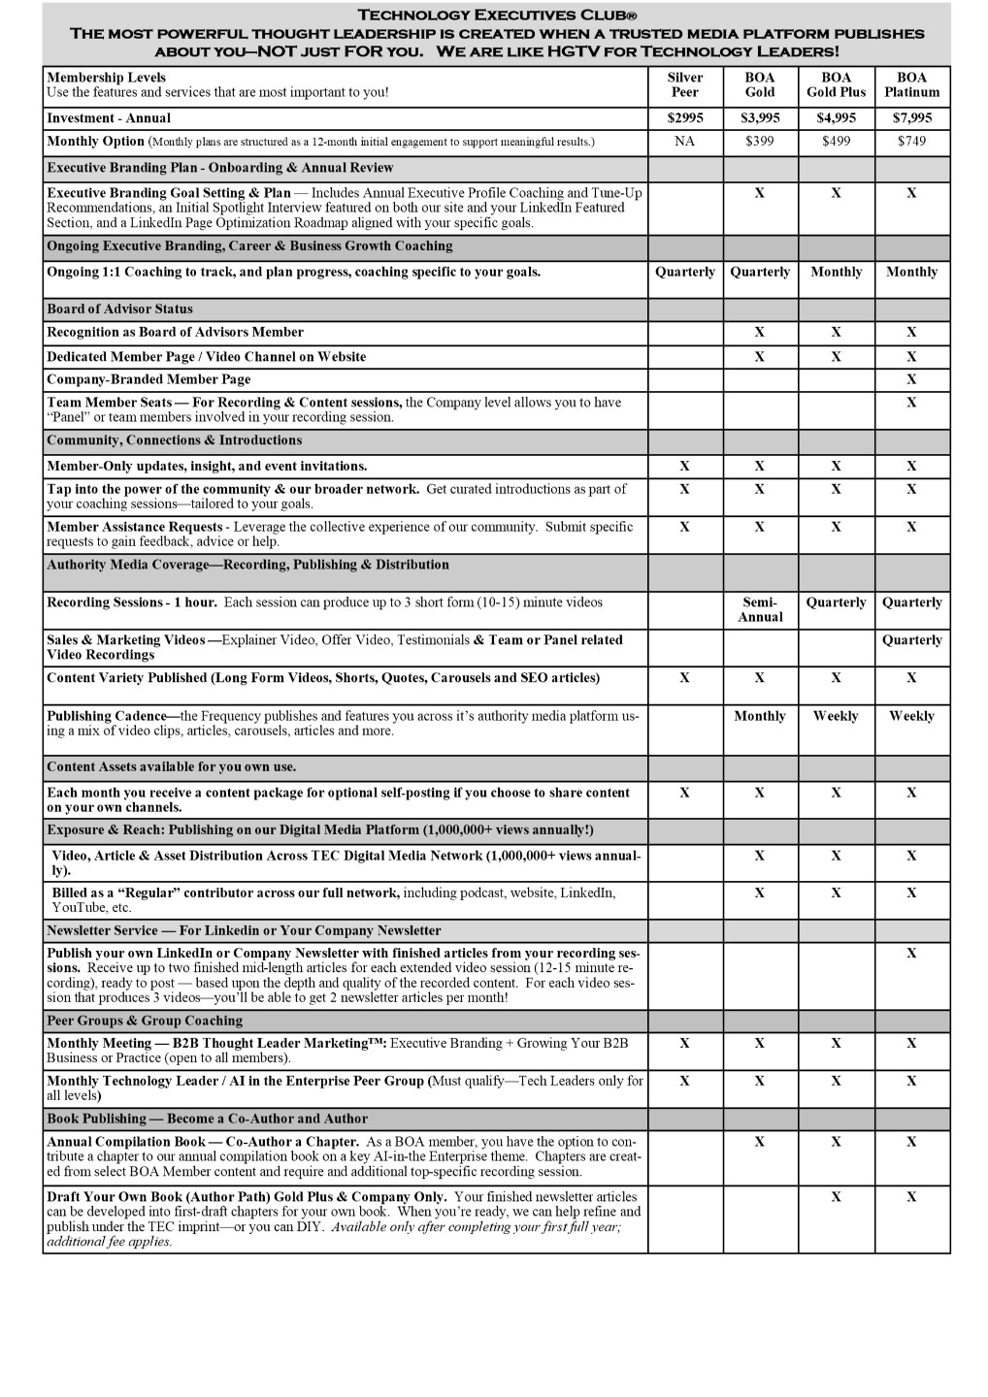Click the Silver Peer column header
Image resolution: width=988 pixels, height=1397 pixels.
(684, 85)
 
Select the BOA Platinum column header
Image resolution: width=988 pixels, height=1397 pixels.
(911, 85)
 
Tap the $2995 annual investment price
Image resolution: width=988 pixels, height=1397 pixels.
(684, 118)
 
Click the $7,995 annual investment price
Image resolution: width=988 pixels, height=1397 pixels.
(911, 118)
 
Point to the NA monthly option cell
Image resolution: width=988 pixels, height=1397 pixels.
(684, 142)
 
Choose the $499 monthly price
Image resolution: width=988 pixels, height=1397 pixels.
(836, 142)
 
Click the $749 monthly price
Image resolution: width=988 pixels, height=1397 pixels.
(911, 142)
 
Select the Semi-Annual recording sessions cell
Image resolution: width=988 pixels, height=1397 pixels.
(760, 609)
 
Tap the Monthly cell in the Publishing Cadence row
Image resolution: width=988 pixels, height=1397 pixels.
(760, 716)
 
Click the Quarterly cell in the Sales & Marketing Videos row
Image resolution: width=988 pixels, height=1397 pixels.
(911, 640)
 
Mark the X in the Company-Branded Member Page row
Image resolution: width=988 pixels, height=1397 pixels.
(911, 379)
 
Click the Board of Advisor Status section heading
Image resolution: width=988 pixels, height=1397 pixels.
(120, 309)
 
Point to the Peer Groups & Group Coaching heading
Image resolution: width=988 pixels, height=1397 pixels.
(146, 1021)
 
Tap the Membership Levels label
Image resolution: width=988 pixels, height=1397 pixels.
(107, 78)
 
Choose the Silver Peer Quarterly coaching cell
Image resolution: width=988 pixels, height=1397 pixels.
(684, 273)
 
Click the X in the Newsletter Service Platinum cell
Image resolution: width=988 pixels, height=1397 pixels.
(911, 954)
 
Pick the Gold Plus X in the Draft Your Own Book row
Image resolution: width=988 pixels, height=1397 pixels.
(836, 1197)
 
